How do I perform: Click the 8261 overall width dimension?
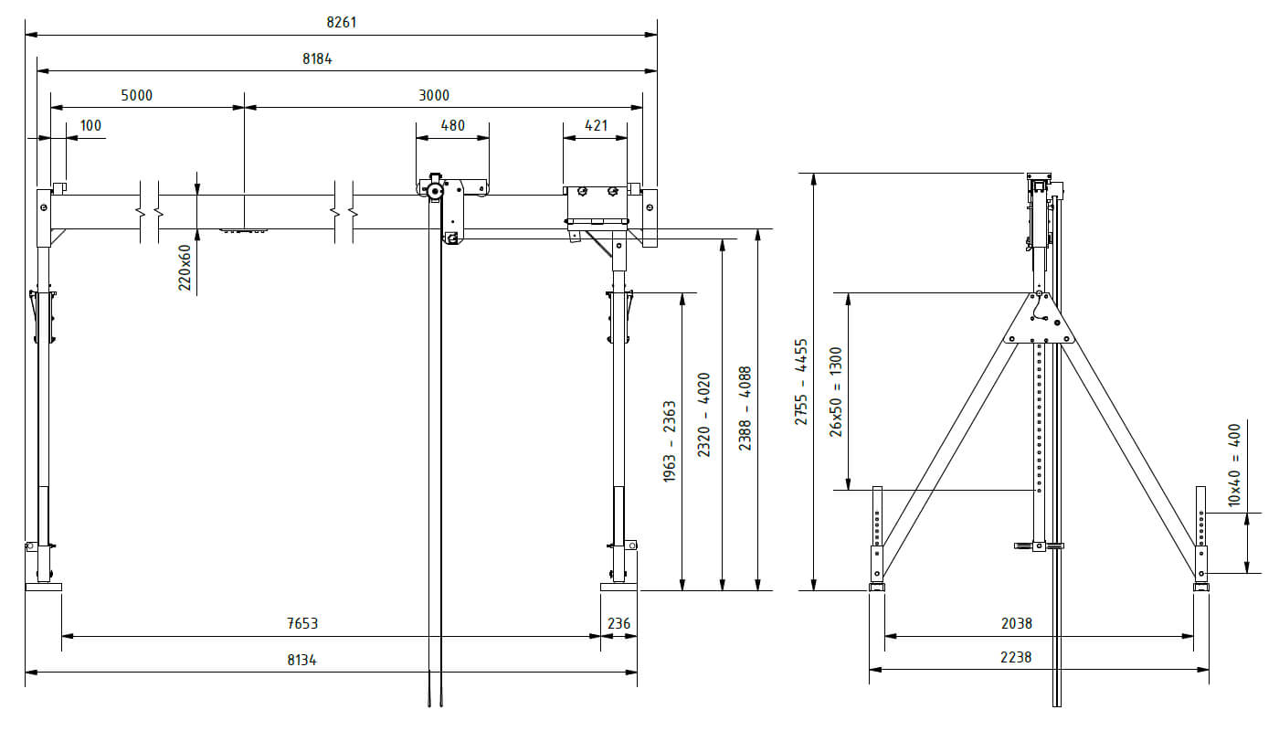[x=341, y=22]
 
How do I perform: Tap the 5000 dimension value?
[x=136, y=95]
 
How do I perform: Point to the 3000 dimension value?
[x=434, y=95]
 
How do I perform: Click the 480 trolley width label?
[x=453, y=125]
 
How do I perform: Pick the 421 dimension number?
[x=596, y=125]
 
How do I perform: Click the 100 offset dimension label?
[x=91, y=125]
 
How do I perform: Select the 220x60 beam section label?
[x=185, y=268]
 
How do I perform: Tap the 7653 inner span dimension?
[x=302, y=623]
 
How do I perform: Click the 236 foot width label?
[x=618, y=623]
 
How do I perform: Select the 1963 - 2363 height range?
[x=670, y=441]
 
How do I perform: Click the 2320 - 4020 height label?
[x=703, y=414]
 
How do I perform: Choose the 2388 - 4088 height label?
[x=745, y=408]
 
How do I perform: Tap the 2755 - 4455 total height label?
[x=801, y=382]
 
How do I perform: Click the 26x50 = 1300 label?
[x=836, y=391]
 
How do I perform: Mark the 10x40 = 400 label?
[x=1233, y=464]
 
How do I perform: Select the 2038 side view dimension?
[x=1016, y=623]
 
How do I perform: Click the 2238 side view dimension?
[x=1016, y=657]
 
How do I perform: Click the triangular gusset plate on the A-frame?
[x=1039, y=319]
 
